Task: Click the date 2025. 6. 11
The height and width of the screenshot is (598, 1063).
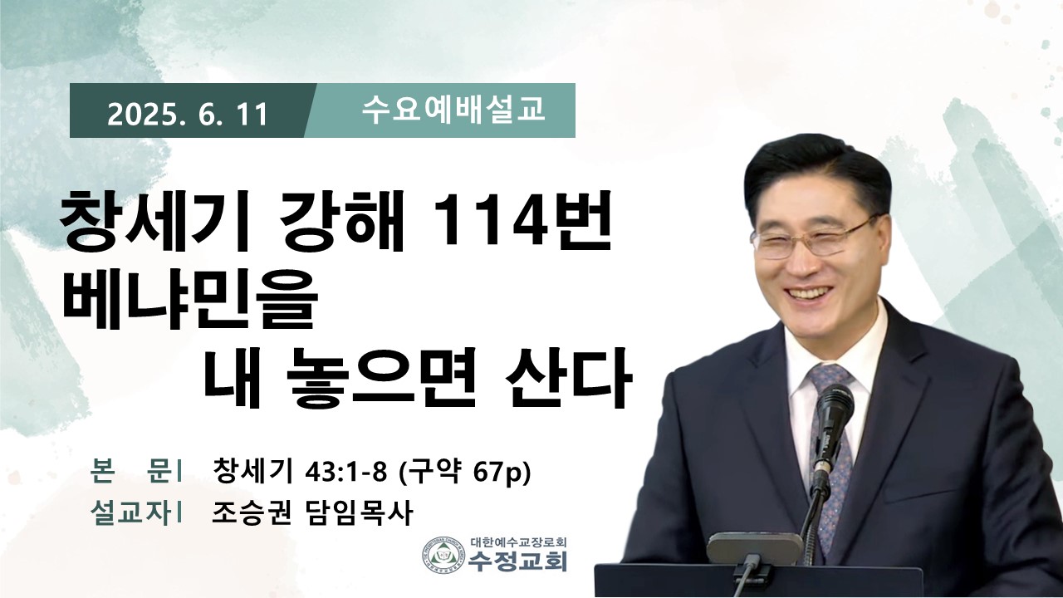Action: click(188, 115)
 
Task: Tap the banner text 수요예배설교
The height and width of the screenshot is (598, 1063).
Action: click(453, 110)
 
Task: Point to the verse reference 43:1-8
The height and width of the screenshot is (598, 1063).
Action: click(346, 472)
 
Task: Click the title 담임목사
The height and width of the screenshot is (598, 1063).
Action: click(356, 513)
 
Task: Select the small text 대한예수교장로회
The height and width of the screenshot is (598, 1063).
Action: click(519, 542)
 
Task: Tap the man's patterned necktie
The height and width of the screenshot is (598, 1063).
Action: click(831, 451)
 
